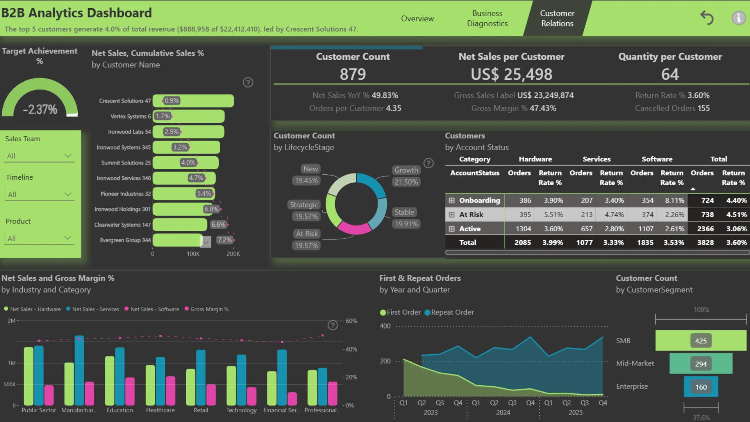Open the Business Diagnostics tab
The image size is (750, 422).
[x=487, y=18]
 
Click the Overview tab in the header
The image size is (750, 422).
[x=417, y=18]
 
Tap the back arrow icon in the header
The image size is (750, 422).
[x=707, y=18]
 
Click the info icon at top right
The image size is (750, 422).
[x=738, y=18]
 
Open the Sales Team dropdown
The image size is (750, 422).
[x=39, y=156]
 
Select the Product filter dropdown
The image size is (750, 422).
[x=39, y=238]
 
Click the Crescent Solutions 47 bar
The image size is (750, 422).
[x=193, y=101]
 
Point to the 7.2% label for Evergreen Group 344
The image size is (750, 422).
[x=225, y=240]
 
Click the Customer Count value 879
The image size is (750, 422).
[x=353, y=74]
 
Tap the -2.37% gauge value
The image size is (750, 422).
[x=40, y=109]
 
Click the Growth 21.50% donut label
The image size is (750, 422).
[x=406, y=176]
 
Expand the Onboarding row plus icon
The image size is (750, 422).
[x=452, y=200]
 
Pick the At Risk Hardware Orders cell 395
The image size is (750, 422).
[x=525, y=215]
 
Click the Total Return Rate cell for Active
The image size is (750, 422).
[x=736, y=229]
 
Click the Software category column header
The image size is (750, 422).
[x=657, y=159]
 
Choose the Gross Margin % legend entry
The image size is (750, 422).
[x=207, y=309]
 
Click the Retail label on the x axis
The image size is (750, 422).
[x=201, y=410]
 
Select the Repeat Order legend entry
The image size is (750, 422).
[x=449, y=312]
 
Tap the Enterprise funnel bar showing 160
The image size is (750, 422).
[x=701, y=386]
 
